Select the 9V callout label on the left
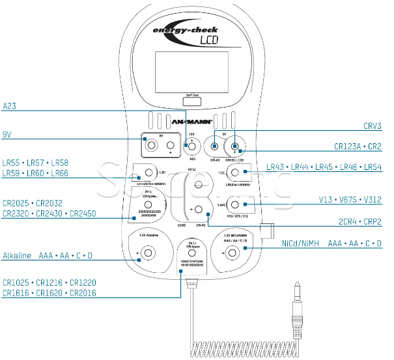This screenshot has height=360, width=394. (7, 134)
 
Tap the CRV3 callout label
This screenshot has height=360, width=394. (372, 126)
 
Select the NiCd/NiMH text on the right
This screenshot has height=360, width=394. (301, 243)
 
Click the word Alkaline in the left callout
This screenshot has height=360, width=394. (17, 256)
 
